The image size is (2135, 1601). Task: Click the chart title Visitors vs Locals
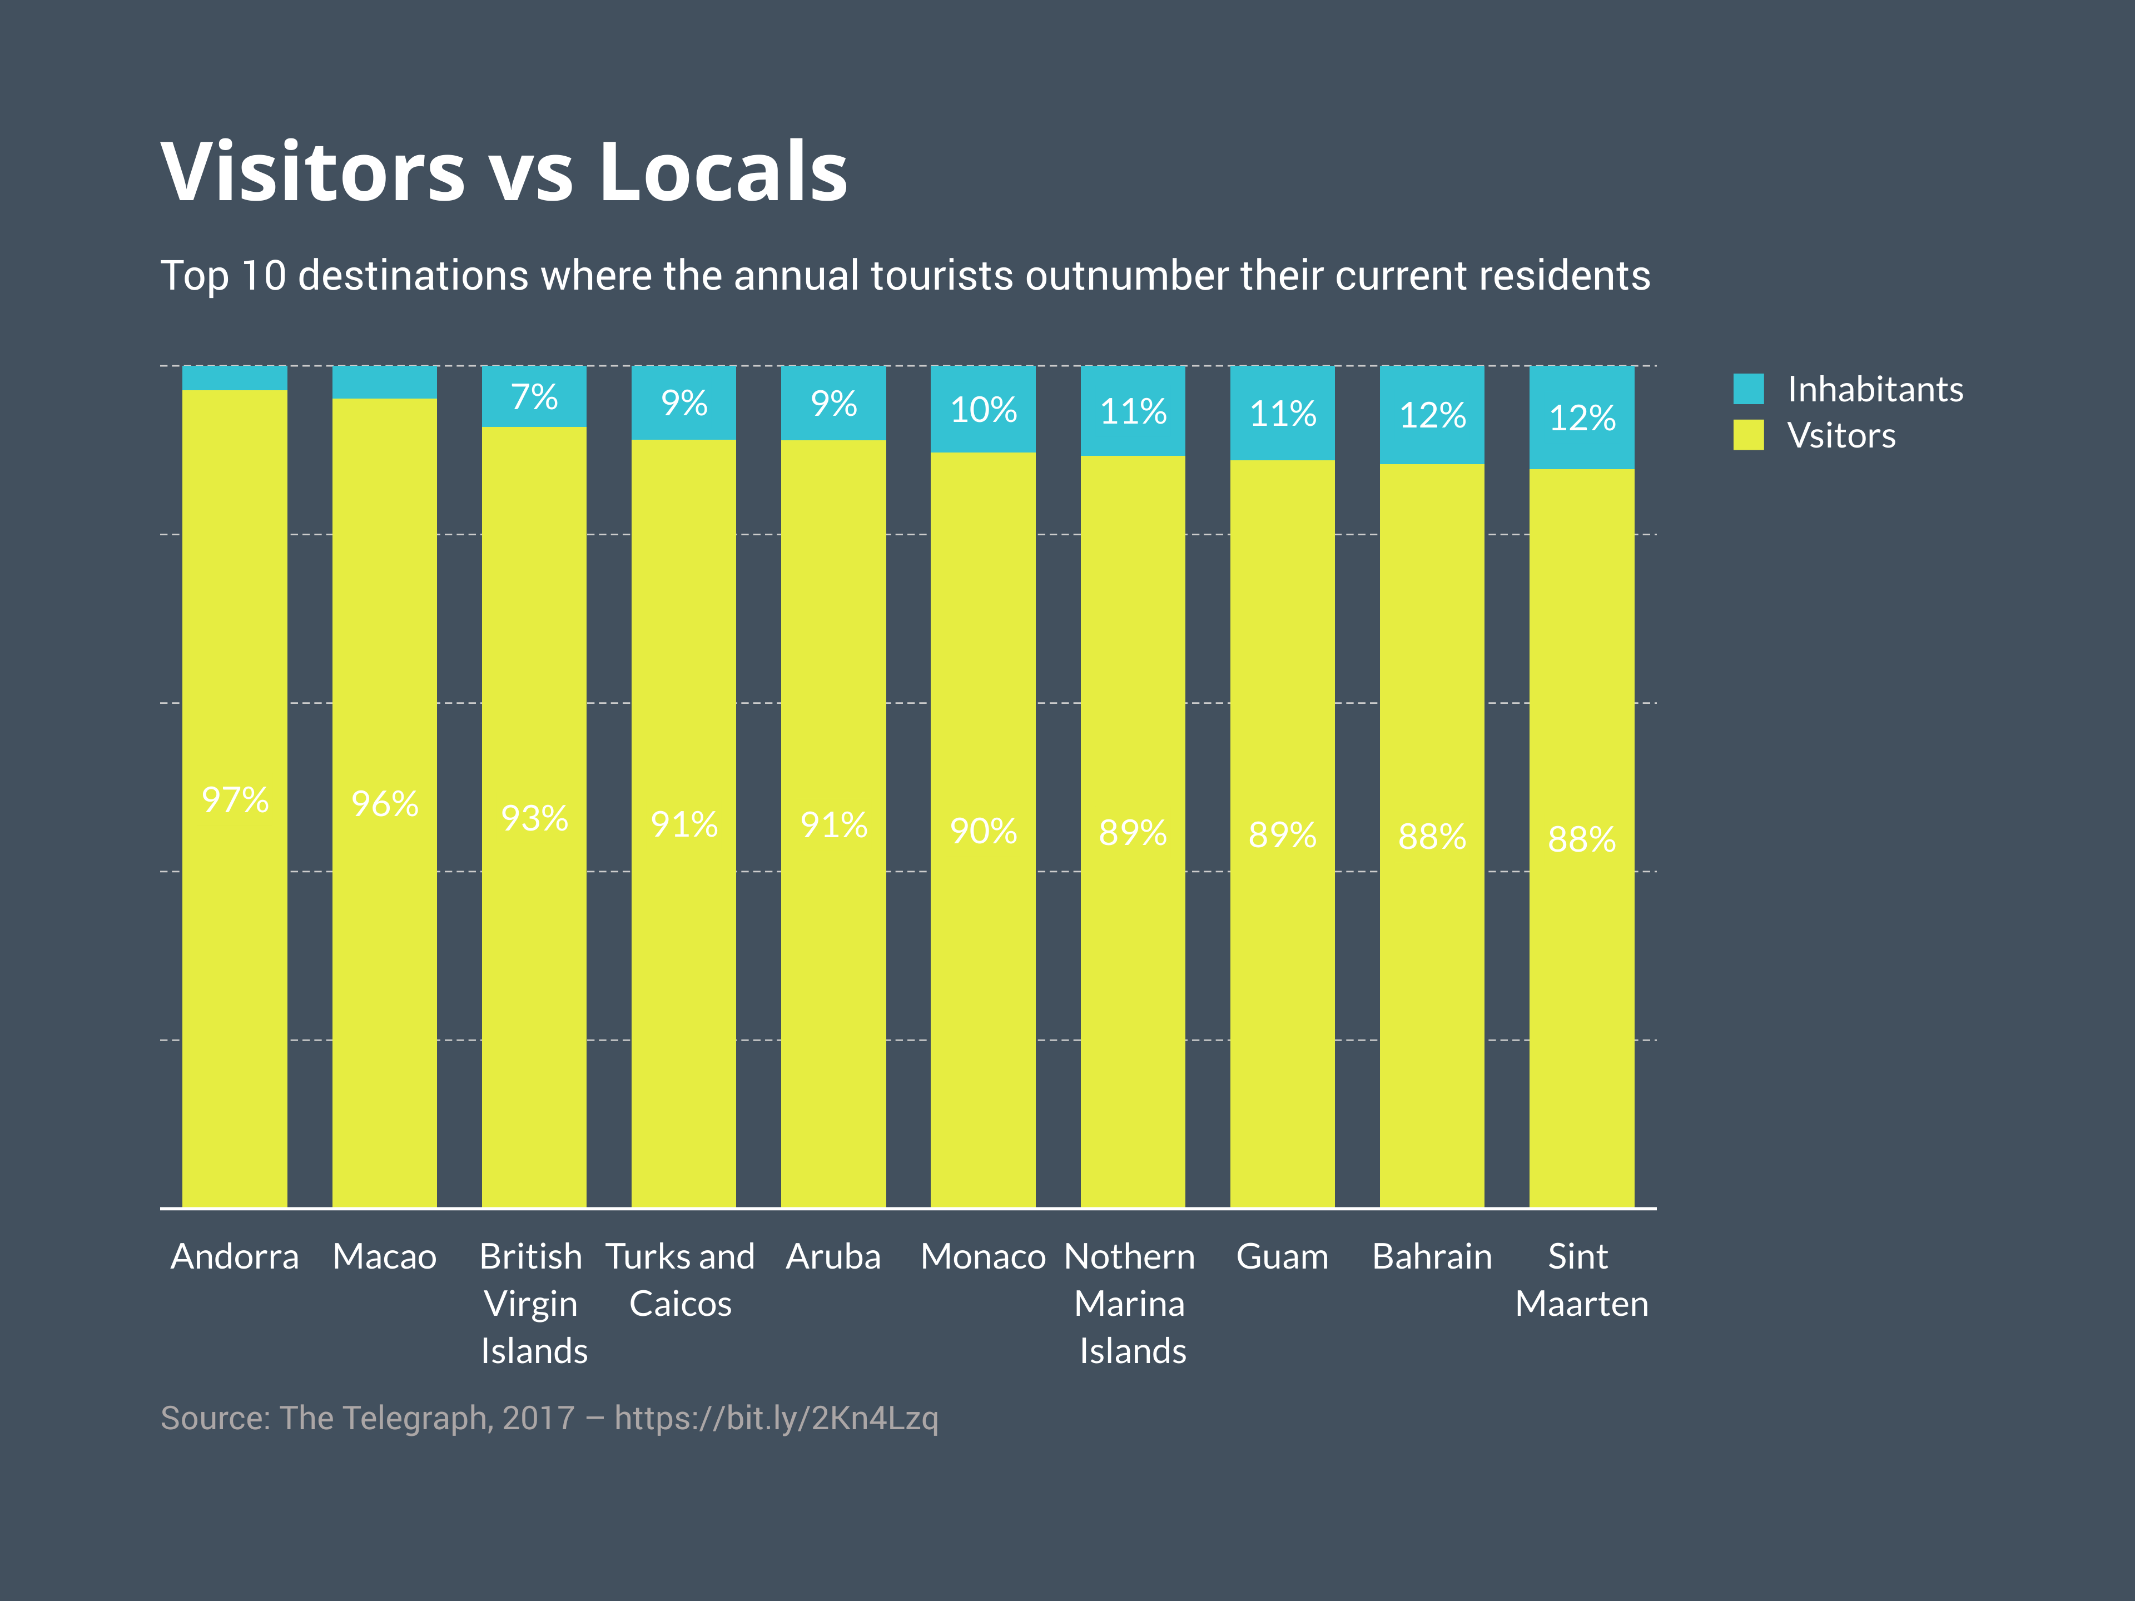504,172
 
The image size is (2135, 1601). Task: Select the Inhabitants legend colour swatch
1748,389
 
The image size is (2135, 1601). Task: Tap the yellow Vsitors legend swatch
1748,435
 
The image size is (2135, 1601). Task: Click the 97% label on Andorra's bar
235,800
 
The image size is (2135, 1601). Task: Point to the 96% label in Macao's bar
384,804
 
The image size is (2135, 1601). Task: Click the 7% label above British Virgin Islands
534,396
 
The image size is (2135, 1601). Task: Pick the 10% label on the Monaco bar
982,410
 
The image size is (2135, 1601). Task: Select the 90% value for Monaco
982,831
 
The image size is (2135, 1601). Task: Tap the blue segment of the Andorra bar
235,377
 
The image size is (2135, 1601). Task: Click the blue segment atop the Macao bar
384,382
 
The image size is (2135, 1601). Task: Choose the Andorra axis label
235,1256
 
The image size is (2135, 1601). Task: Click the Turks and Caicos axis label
681,1280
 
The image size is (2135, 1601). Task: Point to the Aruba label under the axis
833,1256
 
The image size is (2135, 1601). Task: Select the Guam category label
1282,1256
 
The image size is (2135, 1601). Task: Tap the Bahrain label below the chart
1431,1256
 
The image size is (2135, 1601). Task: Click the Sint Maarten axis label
1581,1280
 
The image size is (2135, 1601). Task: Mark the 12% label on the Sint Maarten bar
1581,418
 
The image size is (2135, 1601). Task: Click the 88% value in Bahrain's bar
1431,837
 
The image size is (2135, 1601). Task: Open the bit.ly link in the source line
776,1418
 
